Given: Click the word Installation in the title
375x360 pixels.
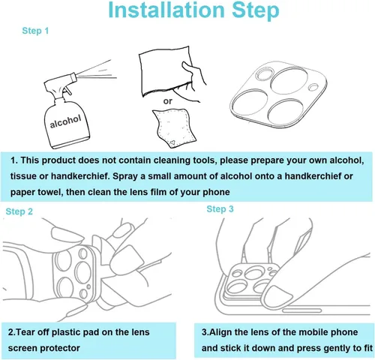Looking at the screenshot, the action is pos(166,10).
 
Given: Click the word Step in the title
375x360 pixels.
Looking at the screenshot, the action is pos(255,11).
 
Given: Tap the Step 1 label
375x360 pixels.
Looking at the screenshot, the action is pos(35,31).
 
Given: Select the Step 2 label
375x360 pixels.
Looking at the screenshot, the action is pos(19,211).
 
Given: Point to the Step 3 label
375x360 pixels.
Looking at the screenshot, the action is pos(220,209).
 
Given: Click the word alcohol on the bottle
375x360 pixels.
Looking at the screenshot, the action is pos(65,121).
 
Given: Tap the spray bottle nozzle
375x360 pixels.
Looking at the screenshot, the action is pos(73,76).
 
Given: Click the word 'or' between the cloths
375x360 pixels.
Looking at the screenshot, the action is pos(168,101).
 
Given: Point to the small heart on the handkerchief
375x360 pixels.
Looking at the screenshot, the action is pos(172,143).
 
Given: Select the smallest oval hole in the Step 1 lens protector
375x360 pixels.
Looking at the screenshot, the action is pos(313,87).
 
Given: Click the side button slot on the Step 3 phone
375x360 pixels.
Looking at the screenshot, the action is pos(301,310).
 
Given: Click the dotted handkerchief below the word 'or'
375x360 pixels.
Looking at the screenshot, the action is pos(175,127).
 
